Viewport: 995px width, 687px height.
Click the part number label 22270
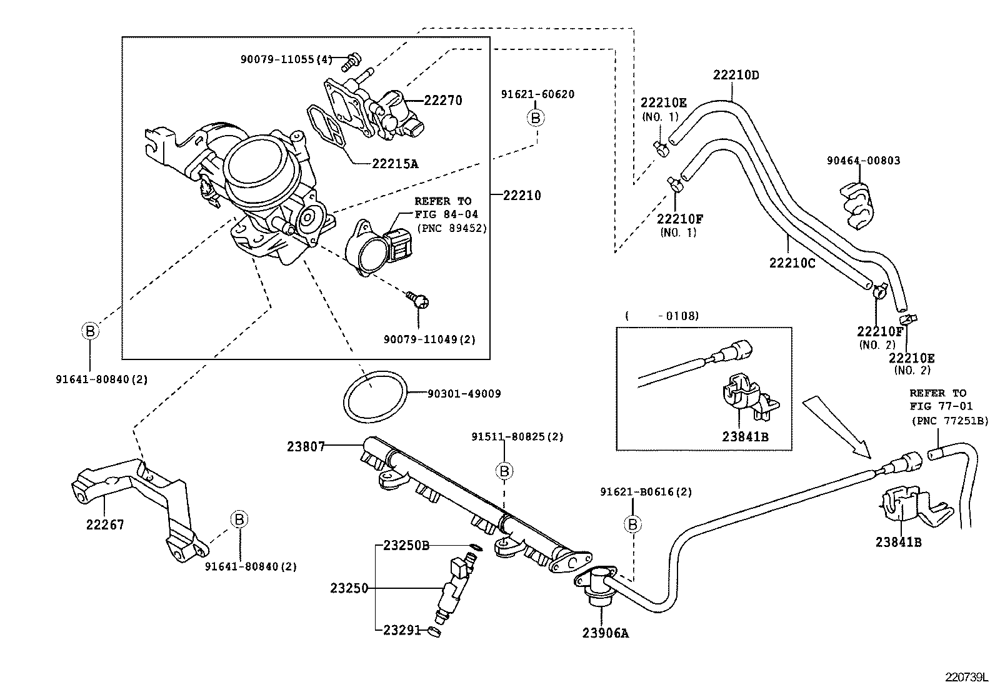click(x=442, y=100)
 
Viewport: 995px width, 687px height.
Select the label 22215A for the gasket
click(x=394, y=164)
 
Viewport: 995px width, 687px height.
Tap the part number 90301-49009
click(x=464, y=394)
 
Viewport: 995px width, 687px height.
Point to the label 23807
click(x=306, y=446)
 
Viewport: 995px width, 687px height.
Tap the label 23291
click(x=402, y=631)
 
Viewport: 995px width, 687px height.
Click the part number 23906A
click(x=605, y=633)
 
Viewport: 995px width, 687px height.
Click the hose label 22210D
click(x=736, y=76)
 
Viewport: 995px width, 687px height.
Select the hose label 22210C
click(x=792, y=263)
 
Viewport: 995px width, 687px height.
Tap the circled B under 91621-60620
click(x=536, y=117)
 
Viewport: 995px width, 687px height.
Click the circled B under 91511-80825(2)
click(x=504, y=470)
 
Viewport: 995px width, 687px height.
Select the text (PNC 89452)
click(x=451, y=228)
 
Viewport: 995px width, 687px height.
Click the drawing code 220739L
click(x=966, y=677)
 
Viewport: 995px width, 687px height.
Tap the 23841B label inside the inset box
click(x=744, y=437)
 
